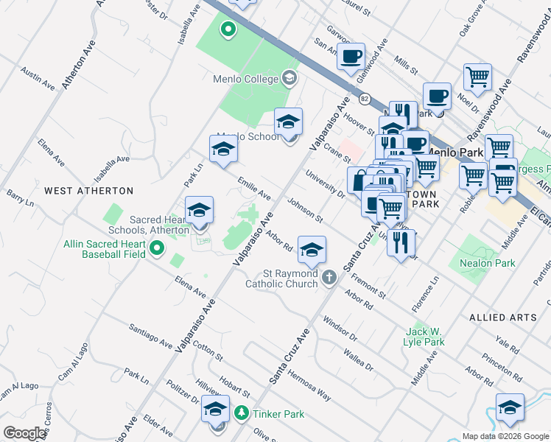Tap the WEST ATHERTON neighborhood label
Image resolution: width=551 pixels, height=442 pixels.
pyautogui.click(x=88, y=191)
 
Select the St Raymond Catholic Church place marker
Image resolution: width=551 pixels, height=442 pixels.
pyautogui.click(x=329, y=277)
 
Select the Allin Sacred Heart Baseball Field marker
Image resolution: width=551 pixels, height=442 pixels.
pyautogui.click(x=156, y=250)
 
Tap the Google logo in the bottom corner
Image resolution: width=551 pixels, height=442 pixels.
pyautogui.click(x=24, y=433)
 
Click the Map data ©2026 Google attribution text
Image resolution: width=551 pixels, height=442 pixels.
pyautogui.click(x=505, y=436)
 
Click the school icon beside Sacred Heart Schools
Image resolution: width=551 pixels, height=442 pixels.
pyautogui.click(x=199, y=211)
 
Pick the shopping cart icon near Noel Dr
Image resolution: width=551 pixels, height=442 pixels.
pyautogui.click(x=477, y=77)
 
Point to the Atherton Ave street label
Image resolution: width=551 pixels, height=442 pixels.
pyautogui.click(x=79, y=65)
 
